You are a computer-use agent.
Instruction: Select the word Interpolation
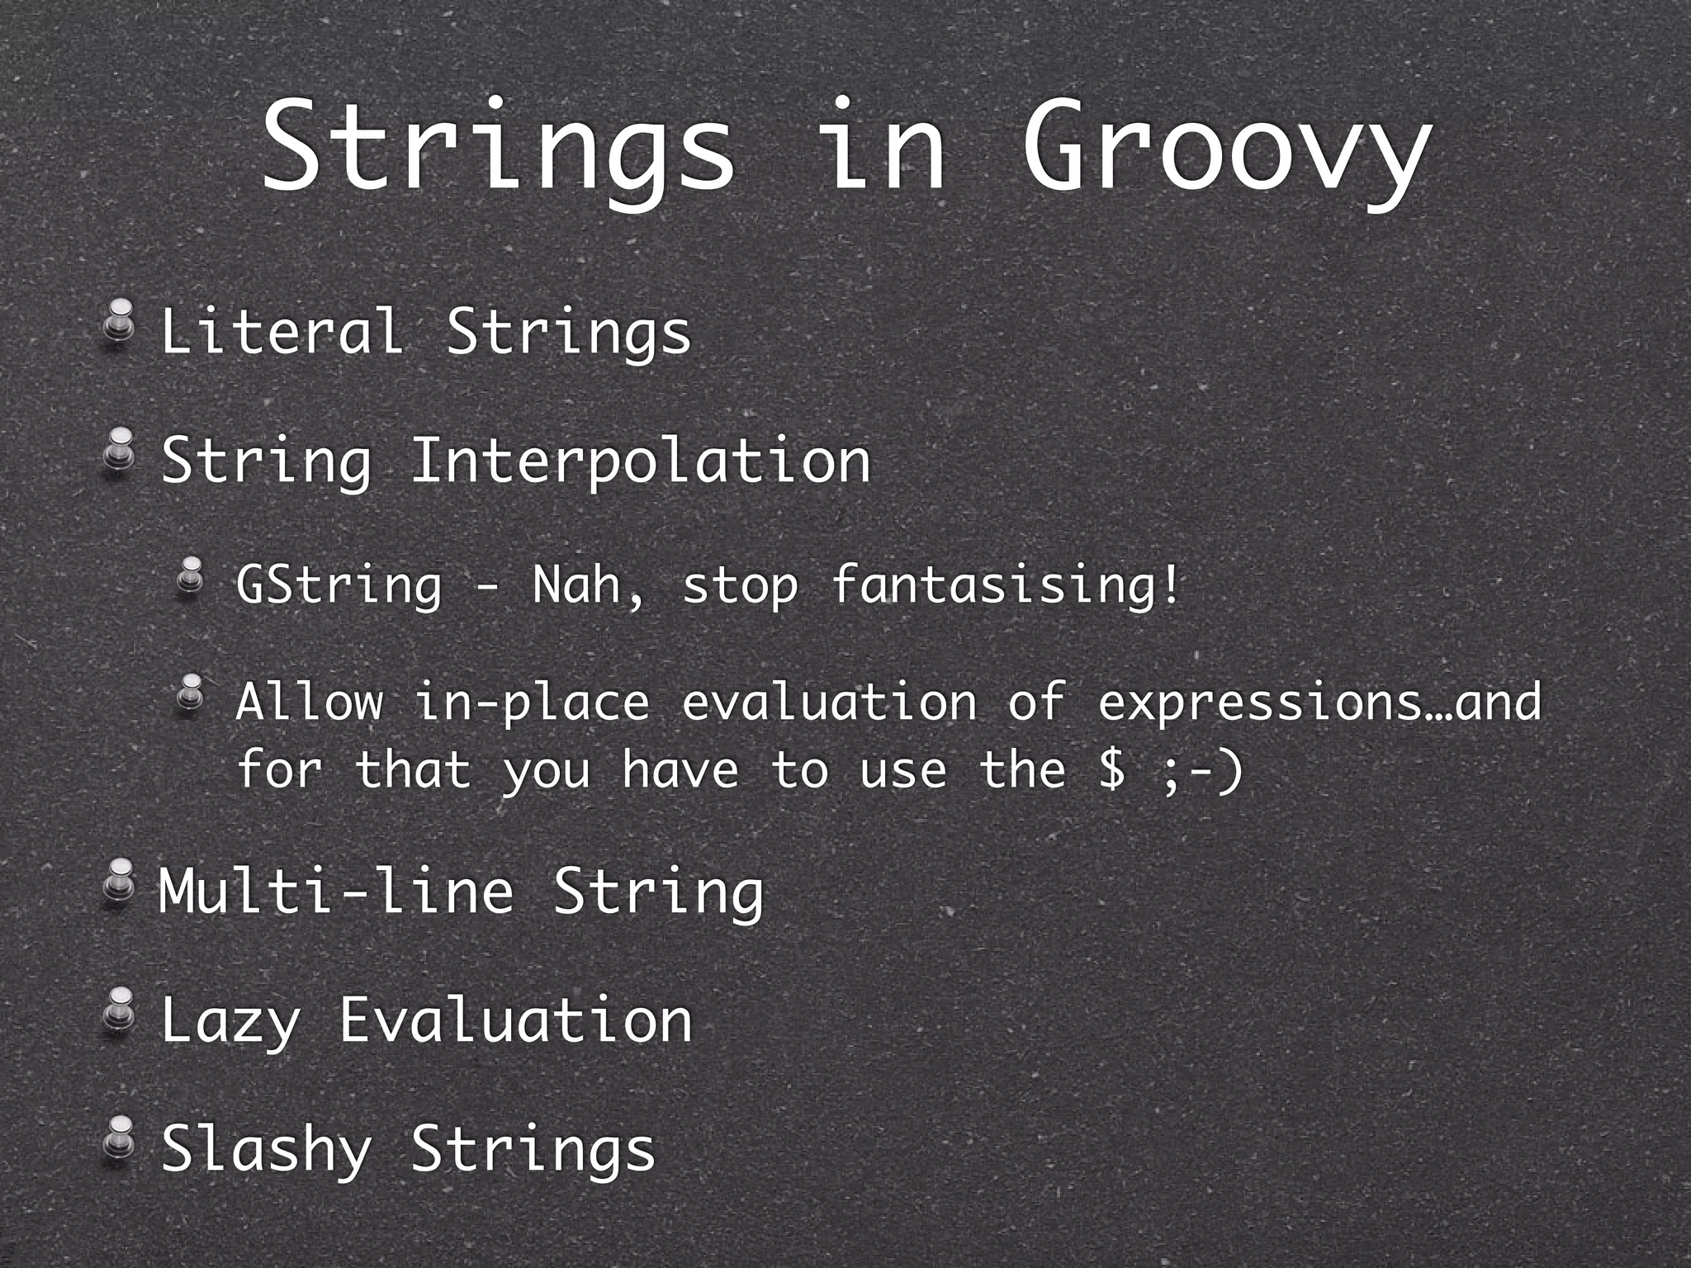click(x=640, y=461)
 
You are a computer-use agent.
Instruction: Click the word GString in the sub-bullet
click(x=339, y=585)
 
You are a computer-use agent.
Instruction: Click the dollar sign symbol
click(x=1112, y=769)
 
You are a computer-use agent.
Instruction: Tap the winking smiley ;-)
click(x=1201, y=769)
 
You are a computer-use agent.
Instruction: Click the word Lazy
click(x=230, y=1022)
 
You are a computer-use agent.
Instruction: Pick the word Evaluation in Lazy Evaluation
click(x=516, y=1020)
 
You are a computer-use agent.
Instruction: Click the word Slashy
click(x=266, y=1149)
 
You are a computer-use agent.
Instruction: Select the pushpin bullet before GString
click(x=191, y=575)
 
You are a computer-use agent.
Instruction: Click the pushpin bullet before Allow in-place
click(x=191, y=692)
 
